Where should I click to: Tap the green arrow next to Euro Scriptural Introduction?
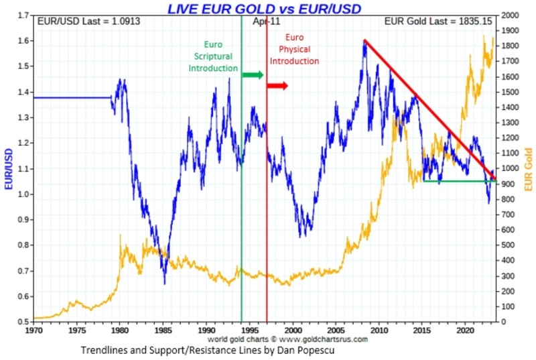[x=253, y=74]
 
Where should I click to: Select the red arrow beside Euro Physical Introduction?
[x=277, y=85]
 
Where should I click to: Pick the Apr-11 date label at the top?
[x=266, y=21]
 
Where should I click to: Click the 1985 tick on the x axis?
[x=163, y=331]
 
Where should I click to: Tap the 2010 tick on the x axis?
[x=379, y=331]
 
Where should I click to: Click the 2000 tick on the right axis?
[x=511, y=15]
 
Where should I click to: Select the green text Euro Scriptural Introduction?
[x=213, y=56]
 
